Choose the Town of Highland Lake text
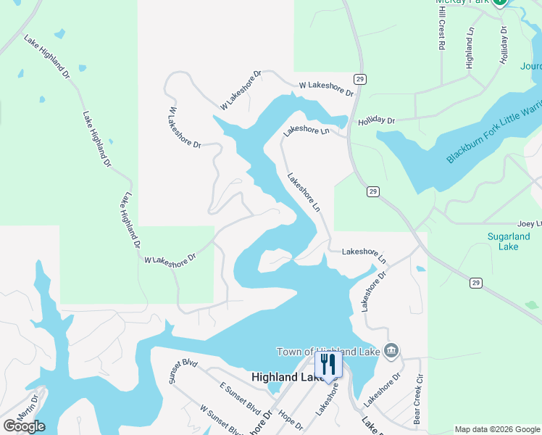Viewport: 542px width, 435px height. [x=330, y=352]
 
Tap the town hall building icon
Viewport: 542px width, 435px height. [x=391, y=352]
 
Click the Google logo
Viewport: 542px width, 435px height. [x=23, y=426]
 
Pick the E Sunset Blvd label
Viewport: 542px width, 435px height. [x=240, y=398]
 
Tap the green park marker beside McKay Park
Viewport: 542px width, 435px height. [x=500, y=2]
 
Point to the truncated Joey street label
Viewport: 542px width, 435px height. [x=529, y=224]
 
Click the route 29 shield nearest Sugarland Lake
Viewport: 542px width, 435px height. [x=475, y=282]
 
